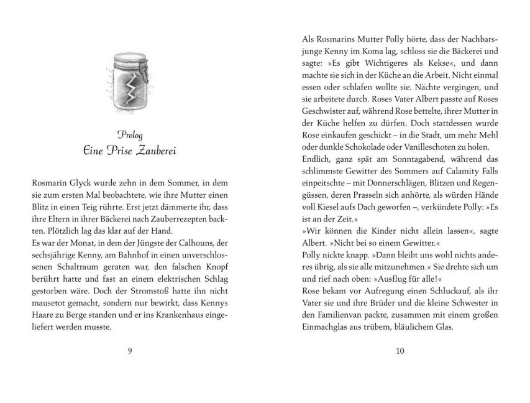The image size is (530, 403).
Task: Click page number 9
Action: click(x=129, y=351)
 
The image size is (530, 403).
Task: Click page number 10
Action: click(x=400, y=351)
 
